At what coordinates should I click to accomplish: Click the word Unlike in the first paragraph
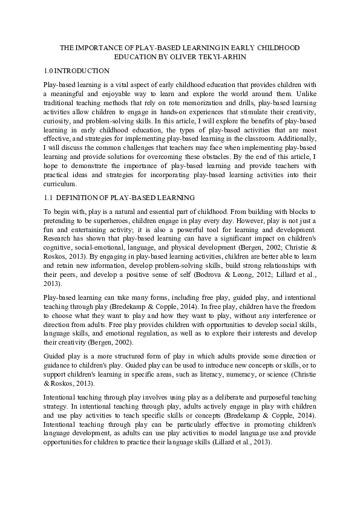pyautogui.click(x=303, y=95)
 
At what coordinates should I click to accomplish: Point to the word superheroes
pyautogui.click(x=105, y=221)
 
